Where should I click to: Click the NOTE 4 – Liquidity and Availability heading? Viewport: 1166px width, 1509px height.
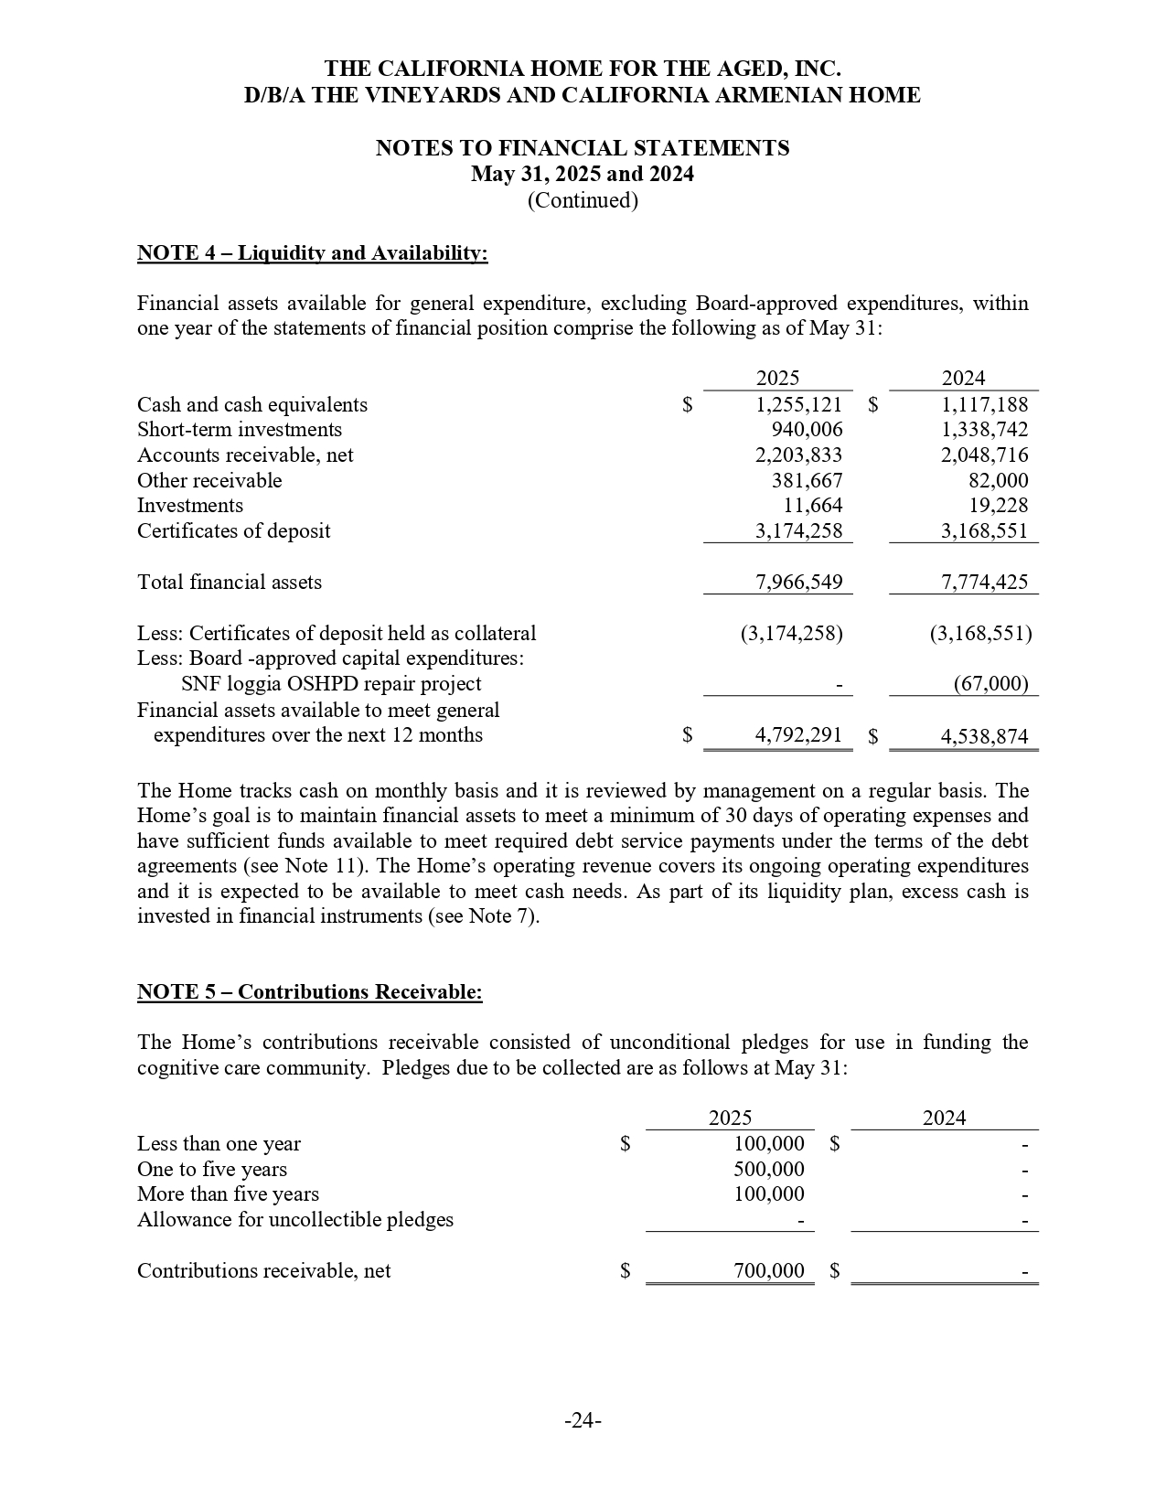(312, 253)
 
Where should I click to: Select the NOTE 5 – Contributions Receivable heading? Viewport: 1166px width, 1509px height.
(309, 992)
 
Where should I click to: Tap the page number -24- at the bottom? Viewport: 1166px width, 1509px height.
(583, 1420)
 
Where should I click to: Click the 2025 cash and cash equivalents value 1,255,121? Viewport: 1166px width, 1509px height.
(798, 405)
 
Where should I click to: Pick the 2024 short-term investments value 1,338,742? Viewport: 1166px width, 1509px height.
(984, 430)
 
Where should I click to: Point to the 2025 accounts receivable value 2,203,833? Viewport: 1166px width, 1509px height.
(798, 455)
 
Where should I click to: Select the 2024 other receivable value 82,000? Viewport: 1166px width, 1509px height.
(998, 481)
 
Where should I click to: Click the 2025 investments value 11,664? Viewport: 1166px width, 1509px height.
(813, 506)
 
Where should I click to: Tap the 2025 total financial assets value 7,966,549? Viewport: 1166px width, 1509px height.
(798, 583)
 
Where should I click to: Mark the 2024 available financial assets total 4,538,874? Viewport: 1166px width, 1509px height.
(984, 736)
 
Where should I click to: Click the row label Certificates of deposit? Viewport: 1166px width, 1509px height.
(233, 531)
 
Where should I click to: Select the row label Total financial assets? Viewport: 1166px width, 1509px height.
(229, 583)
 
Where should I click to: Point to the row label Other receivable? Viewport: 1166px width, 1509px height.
(209, 481)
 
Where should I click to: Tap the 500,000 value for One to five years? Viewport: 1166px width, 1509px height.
(769, 1170)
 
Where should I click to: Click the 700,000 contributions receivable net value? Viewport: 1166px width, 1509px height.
(769, 1271)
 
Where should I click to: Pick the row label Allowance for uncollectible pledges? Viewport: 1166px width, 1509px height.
(294, 1220)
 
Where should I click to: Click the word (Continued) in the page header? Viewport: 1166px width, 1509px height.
(583, 200)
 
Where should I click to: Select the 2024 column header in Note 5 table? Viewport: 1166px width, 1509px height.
(944, 1118)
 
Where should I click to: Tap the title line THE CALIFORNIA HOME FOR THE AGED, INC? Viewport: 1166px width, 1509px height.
(583, 70)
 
